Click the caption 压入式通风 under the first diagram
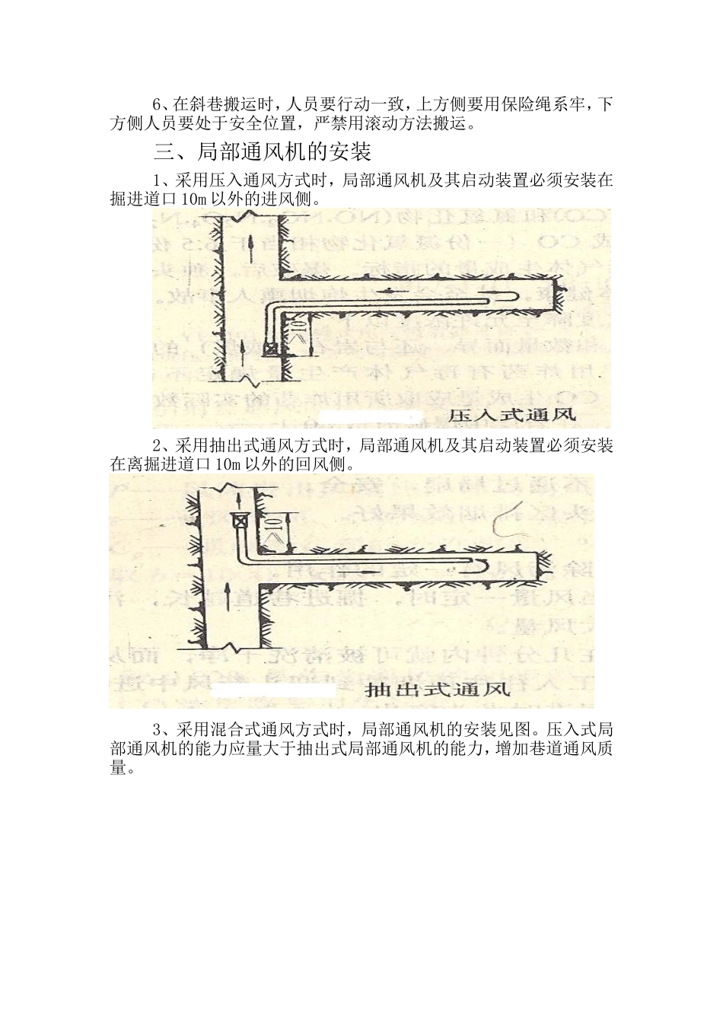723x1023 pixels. [512, 416]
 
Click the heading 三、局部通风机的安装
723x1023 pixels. [263, 152]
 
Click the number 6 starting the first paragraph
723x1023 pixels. [157, 103]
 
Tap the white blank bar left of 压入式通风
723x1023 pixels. [370, 416]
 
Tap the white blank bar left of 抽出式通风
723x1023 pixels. [274, 690]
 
